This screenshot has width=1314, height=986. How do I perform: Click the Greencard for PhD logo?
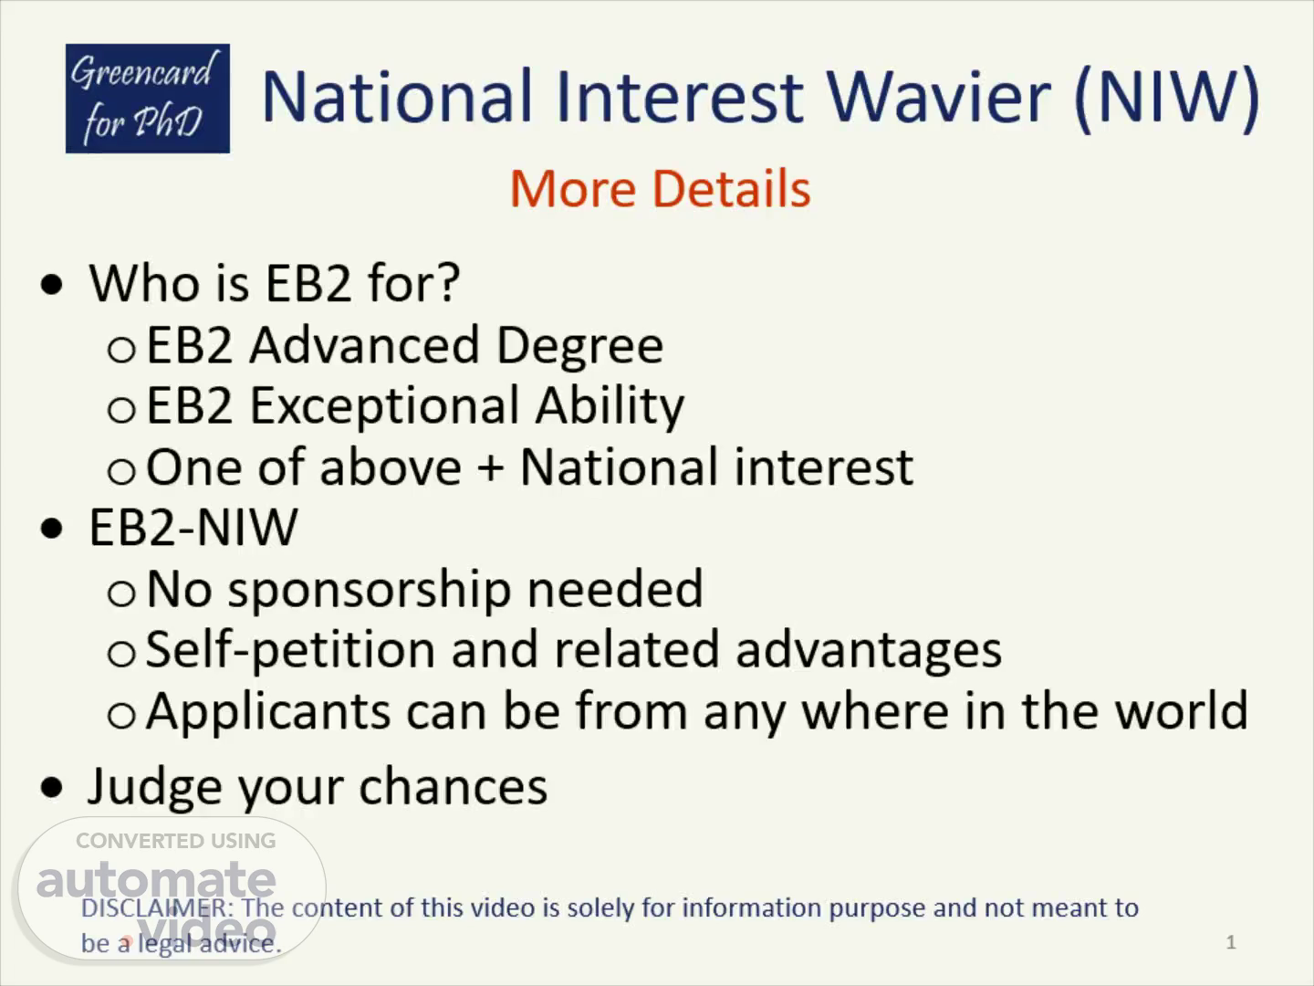(148, 99)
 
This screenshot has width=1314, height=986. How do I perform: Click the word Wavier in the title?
(939, 97)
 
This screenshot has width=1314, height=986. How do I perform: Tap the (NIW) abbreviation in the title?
(1167, 99)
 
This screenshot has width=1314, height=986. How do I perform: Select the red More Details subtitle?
(661, 189)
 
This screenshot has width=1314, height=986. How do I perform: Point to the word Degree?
(580, 347)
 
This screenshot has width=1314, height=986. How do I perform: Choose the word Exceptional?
(385, 407)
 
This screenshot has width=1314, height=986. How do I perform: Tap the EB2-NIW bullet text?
(193, 528)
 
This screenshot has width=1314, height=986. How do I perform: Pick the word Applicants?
(268, 713)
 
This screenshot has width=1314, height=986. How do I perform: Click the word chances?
(454, 785)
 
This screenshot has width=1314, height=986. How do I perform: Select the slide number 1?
(1231, 943)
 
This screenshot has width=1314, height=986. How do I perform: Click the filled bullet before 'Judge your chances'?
(52, 787)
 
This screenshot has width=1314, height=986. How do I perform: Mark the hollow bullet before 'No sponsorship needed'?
(121, 593)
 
